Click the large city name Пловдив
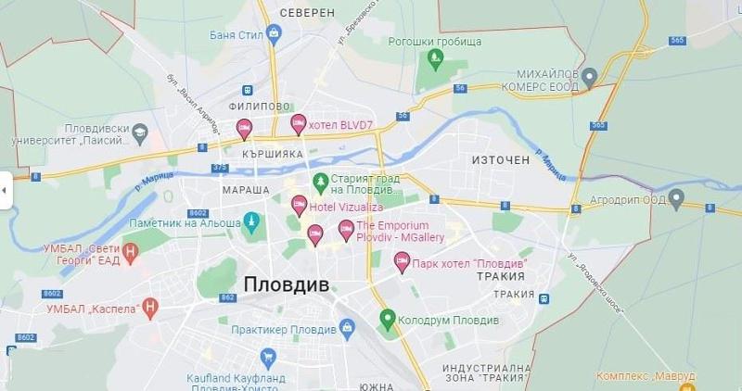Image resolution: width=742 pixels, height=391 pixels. (x=287, y=285)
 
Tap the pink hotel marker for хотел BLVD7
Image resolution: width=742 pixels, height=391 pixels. (x=299, y=122)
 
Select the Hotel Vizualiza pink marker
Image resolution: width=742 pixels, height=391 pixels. (x=299, y=205)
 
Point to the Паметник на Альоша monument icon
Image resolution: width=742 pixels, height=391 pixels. (x=250, y=221)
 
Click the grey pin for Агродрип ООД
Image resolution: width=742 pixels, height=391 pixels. (x=677, y=197)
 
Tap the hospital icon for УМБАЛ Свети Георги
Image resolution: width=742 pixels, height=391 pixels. (x=131, y=249)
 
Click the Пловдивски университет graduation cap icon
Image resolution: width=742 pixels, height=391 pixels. (x=140, y=132)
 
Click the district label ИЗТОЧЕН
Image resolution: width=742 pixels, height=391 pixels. (x=500, y=160)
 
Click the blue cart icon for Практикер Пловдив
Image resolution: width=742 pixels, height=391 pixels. (x=347, y=327)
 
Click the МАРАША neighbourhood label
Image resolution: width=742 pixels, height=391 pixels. (x=246, y=189)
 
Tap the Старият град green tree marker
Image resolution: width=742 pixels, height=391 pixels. (x=320, y=181)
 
